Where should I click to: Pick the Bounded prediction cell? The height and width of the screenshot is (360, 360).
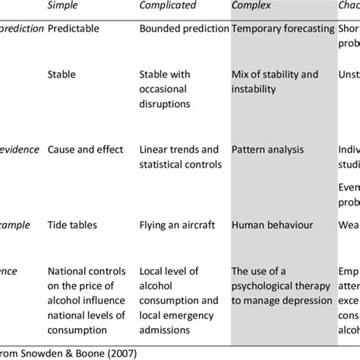(x=185, y=29)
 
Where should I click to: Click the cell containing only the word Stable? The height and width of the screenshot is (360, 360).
(x=63, y=74)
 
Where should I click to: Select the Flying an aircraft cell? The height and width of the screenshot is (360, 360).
(x=177, y=204)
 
